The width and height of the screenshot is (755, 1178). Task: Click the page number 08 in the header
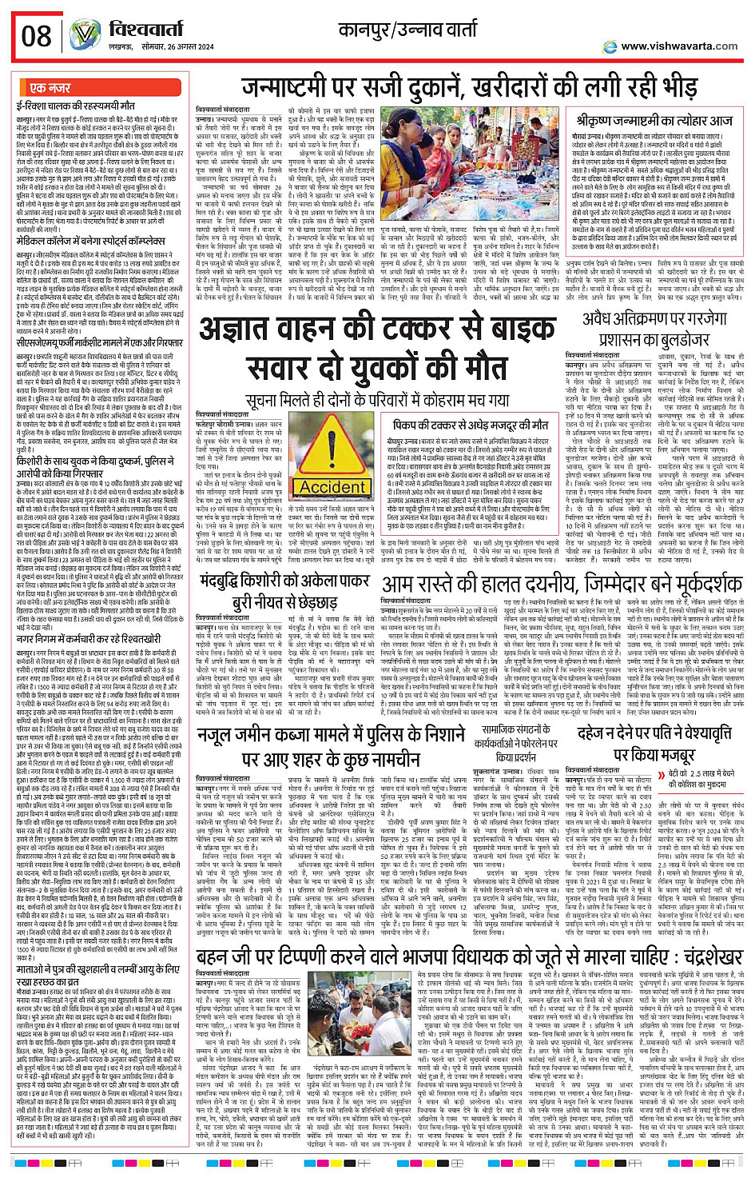point(37,36)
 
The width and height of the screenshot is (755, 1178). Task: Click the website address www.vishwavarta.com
point(678,46)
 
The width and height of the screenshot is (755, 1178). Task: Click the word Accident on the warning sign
point(334,487)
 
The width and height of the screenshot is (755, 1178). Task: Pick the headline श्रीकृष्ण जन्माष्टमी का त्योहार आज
point(654,121)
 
